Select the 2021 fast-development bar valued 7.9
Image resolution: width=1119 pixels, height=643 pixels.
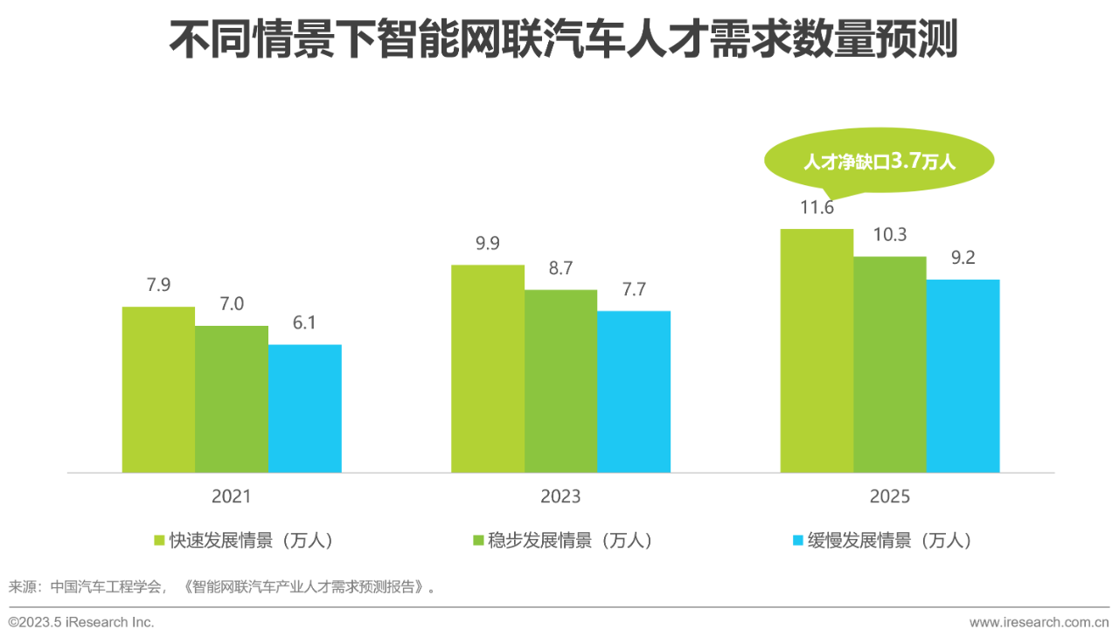click(x=158, y=390)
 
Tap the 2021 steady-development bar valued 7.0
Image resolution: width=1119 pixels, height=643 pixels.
click(x=232, y=399)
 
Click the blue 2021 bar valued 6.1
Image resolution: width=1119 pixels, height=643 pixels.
click(x=305, y=409)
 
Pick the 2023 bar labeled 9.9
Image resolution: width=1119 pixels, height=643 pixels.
click(x=488, y=369)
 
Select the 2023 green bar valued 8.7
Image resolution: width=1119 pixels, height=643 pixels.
click(x=561, y=381)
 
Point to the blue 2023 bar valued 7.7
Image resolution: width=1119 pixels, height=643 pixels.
click(x=634, y=392)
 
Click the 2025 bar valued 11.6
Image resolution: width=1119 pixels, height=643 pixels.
click(x=817, y=350)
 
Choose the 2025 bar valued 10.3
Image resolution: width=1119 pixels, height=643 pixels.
click(x=890, y=364)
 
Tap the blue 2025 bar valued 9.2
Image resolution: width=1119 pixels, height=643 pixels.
click(x=963, y=376)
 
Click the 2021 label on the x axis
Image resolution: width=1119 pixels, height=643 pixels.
click(x=232, y=497)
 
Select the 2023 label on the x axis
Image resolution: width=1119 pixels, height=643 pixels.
click(x=560, y=497)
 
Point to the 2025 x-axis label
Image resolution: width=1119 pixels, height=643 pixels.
click(x=890, y=497)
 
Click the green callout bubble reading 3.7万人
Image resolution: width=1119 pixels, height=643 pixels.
click(x=879, y=162)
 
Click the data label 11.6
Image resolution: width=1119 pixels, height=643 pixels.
click(x=817, y=208)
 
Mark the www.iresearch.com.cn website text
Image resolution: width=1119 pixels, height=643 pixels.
click(x=1039, y=623)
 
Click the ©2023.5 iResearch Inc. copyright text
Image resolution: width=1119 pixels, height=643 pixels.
click(x=81, y=623)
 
